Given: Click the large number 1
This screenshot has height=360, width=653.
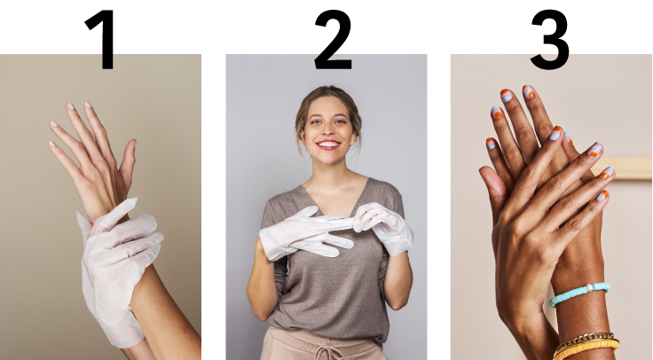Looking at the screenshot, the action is click(102, 40).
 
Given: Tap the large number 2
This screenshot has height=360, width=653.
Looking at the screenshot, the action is click(333, 40).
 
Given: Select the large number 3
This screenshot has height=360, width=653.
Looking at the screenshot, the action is click(550, 40).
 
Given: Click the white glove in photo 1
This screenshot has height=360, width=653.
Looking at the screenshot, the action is click(116, 266).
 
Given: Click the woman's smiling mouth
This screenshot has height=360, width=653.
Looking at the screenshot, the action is click(328, 145).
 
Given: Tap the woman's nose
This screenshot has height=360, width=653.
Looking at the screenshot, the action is click(327, 131).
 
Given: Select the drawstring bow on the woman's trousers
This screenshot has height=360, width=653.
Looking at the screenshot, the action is click(329, 352).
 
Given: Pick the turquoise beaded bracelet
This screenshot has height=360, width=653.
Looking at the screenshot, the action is click(579, 293).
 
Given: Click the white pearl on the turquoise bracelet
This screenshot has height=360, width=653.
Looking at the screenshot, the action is click(589, 287).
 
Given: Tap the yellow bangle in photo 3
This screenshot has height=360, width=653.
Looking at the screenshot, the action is click(586, 348).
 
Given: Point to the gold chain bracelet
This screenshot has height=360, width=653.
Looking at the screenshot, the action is click(583, 340).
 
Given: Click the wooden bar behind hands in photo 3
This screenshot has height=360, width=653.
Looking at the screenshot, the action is click(624, 168).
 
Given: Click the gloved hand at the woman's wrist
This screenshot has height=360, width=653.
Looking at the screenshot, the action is click(385, 228).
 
